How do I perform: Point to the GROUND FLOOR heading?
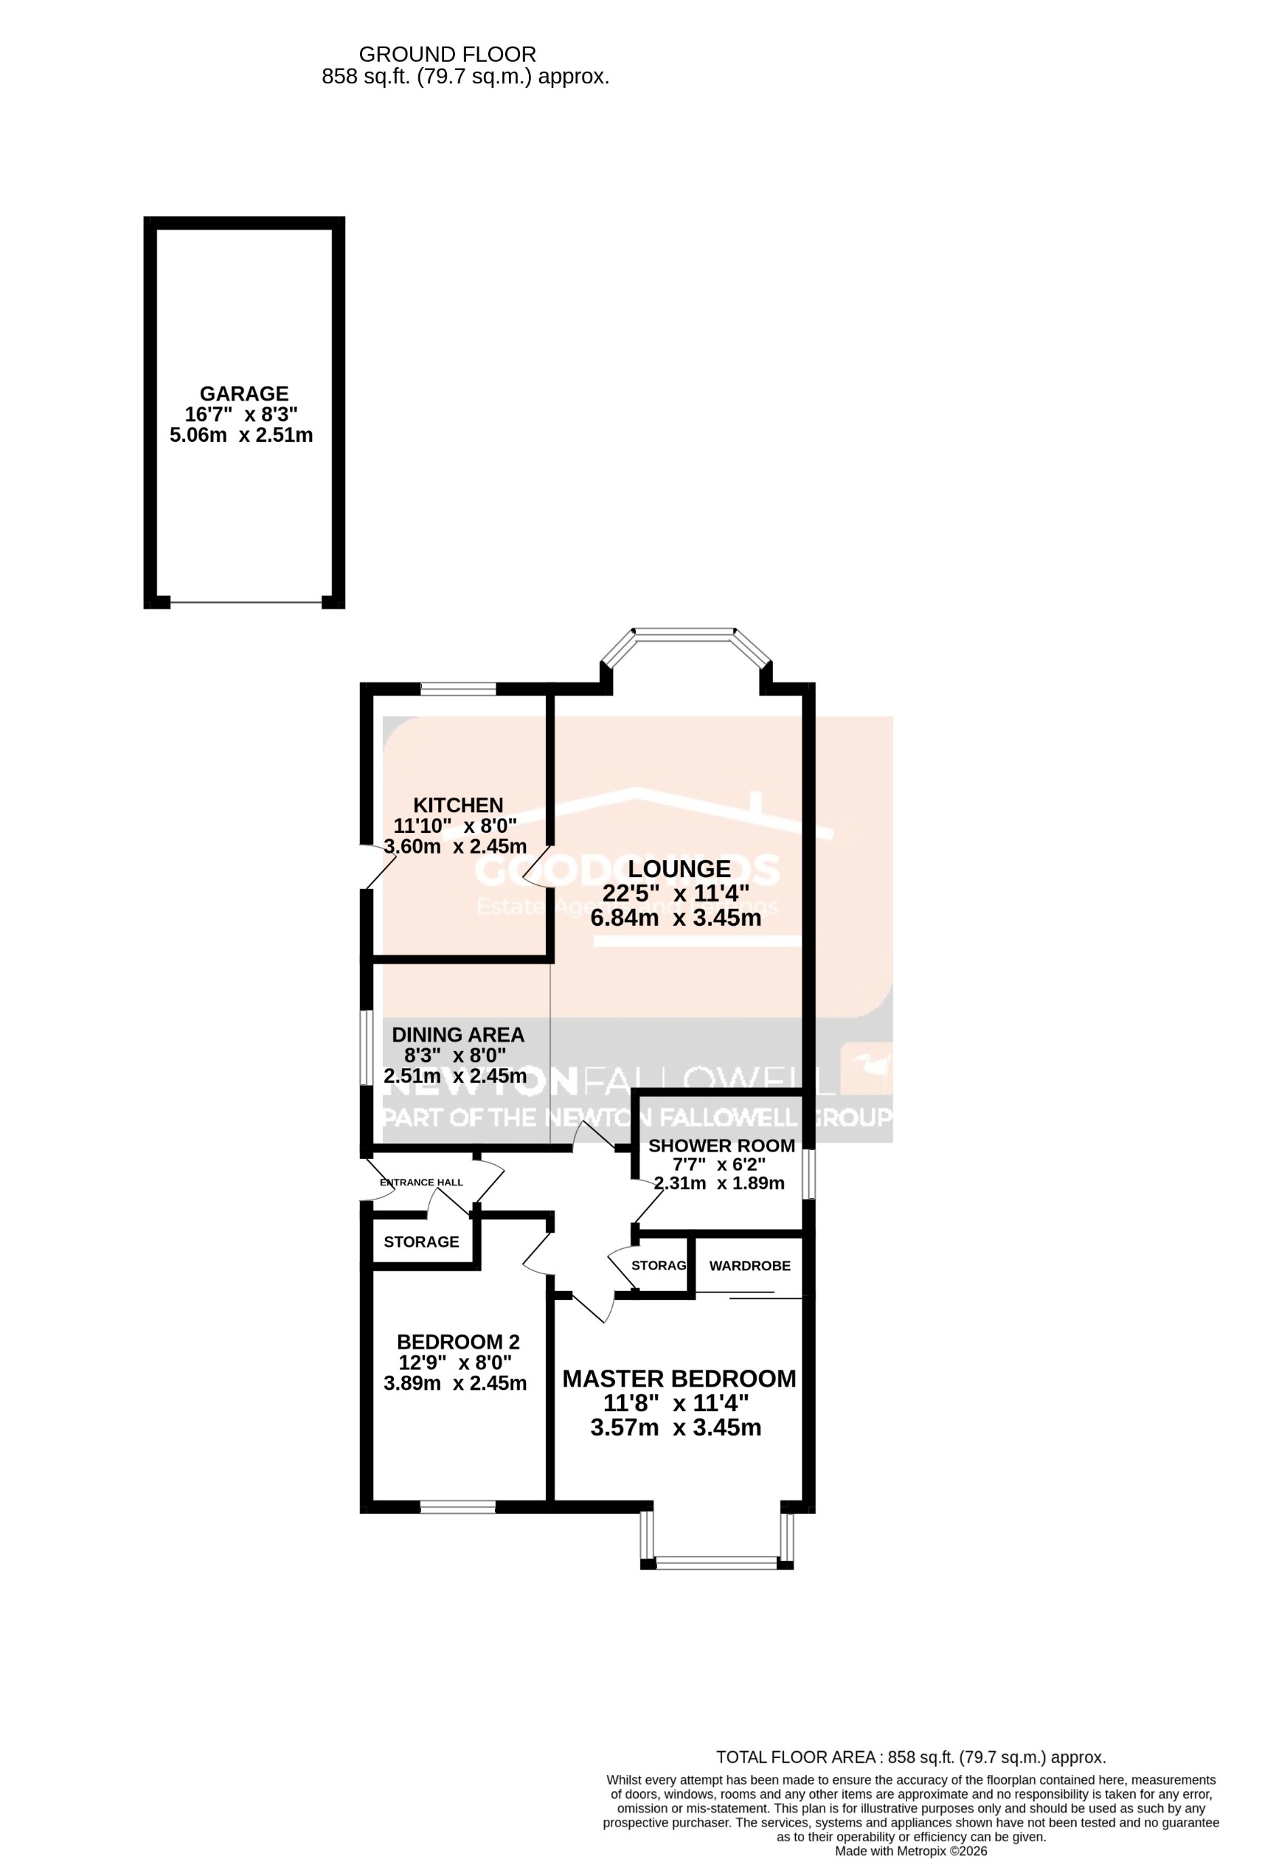(447, 55)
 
